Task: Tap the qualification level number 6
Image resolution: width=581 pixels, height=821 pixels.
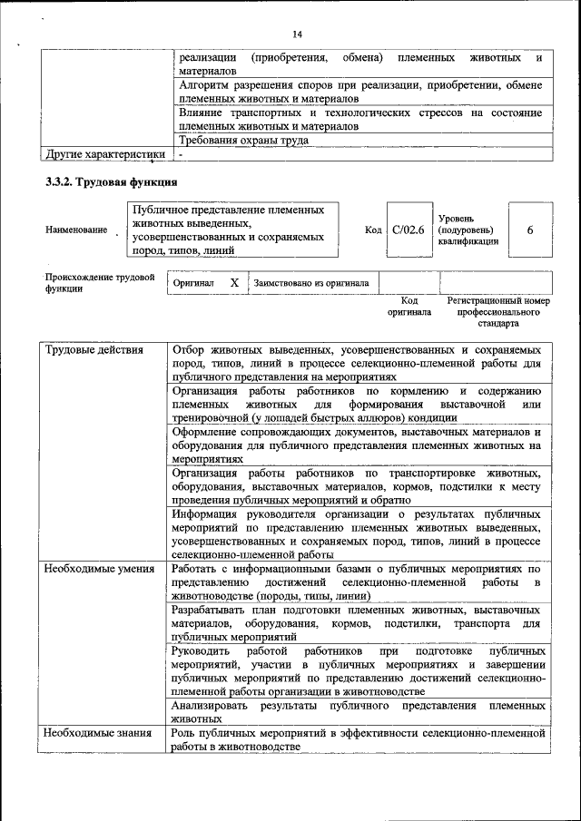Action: (x=529, y=230)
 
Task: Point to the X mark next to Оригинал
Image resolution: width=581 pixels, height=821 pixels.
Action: (x=233, y=283)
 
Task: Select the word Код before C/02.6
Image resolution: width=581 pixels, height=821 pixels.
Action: (x=372, y=230)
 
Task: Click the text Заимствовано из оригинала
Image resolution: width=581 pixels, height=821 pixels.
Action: (x=311, y=283)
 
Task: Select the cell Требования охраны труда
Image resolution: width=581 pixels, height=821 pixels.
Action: (x=244, y=141)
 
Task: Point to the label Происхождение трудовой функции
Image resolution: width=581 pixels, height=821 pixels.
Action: (x=100, y=282)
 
